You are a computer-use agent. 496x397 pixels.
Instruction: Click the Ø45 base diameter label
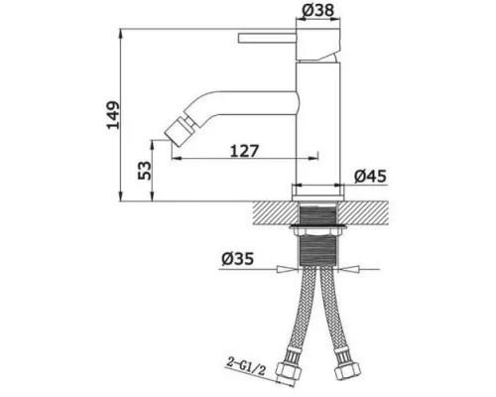click(369, 177)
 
